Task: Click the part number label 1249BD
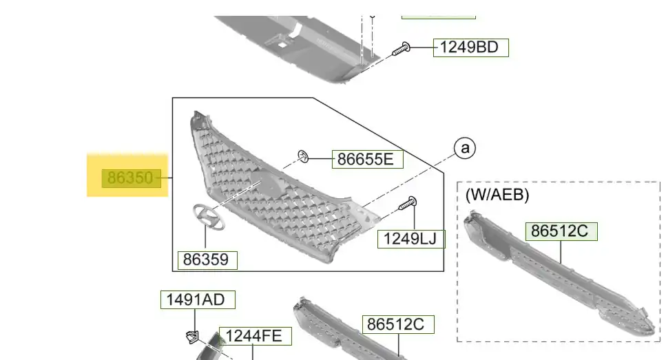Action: [x=470, y=47]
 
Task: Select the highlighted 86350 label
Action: [x=132, y=178]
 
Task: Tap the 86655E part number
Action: [x=367, y=159]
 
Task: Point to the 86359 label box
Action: [x=207, y=260]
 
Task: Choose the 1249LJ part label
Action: [x=411, y=239]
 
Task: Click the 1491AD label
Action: [x=198, y=299]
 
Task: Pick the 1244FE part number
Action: [x=256, y=336]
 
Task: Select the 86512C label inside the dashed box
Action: [x=561, y=231]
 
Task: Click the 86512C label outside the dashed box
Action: [x=398, y=324]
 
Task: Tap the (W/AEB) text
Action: [x=497, y=195]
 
